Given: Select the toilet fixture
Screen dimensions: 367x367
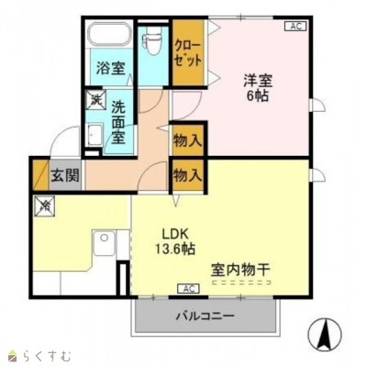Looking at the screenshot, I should (x=153, y=44).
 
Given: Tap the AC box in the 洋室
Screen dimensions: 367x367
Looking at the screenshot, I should (x=295, y=27).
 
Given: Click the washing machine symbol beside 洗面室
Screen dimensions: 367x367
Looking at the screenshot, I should (x=95, y=100).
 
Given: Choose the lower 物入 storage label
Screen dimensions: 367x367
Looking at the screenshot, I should (x=188, y=172).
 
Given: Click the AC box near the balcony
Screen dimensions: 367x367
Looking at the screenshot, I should (x=188, y=289).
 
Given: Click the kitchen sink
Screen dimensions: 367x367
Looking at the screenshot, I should (x=103, y=245).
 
